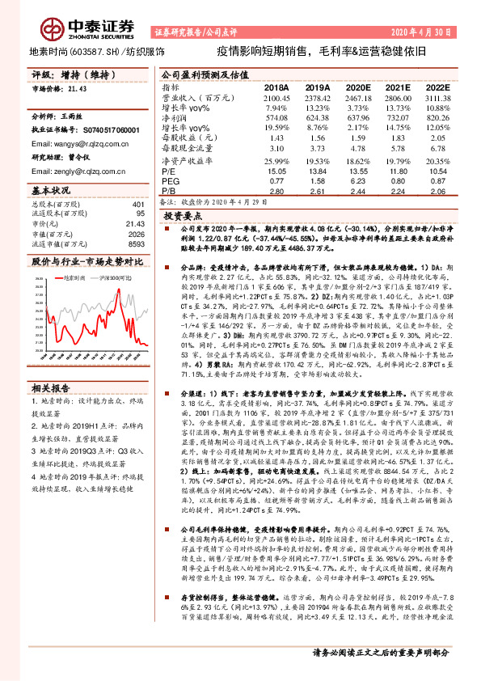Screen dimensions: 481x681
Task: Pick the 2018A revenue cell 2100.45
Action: point(276,96)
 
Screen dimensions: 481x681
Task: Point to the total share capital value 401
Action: point(137,205)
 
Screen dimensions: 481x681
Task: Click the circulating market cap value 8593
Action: point(134,243)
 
